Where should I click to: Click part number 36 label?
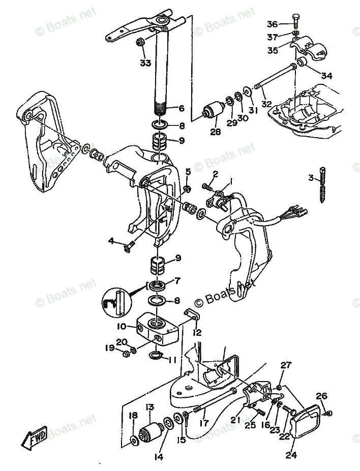click(x=273, y=24)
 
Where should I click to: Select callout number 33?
click(x=146, y=63)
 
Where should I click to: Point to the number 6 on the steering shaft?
click(x=182, y=108)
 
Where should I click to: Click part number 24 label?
click(x=290, y=455)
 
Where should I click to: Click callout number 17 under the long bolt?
click(x=204, y=422)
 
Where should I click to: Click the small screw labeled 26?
click(x=329, y=413)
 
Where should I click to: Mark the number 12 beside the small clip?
click(x=197, y=333)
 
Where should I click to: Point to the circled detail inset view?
click(x=116, y=302)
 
